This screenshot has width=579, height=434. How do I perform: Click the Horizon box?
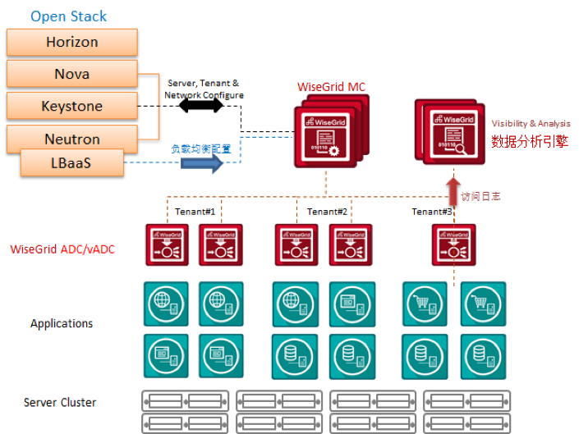click(71, 42)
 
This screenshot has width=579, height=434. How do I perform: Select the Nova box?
click(71, 74)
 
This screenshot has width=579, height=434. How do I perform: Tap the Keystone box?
click(71, 106)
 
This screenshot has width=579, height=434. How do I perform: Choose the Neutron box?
click(71, 139)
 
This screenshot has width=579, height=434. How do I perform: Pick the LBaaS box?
click(71, 163)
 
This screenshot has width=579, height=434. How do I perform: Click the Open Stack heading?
click(69, 16)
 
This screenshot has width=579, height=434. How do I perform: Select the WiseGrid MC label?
click(331, 86)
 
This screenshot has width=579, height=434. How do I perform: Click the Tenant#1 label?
click(195, 212)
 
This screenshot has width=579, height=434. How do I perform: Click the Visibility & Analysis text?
click(530, 124)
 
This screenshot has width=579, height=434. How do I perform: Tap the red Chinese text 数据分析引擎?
click(530, 140)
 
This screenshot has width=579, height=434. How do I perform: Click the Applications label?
click(62, 323)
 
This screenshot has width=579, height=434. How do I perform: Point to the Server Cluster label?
click(60, 402)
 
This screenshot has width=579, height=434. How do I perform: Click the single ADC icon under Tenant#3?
click(453, 244)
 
